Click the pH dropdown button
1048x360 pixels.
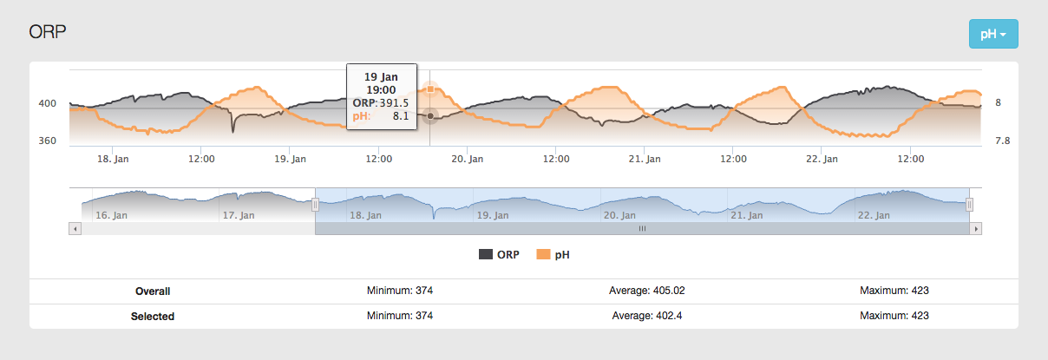(992, 34)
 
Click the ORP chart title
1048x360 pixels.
(49, 32)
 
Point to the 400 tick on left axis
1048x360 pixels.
(47, 103)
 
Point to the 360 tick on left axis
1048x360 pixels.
(47, 141)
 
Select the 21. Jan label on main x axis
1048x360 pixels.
(645, 159)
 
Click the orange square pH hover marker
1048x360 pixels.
(430, 88)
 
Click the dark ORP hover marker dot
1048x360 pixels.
(430, 115)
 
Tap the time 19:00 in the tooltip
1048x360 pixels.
(382, 89)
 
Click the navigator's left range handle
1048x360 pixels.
(316, 205)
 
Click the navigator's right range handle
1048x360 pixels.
(970, 205)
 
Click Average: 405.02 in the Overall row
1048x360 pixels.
(652, 291)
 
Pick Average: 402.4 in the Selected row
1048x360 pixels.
(652, 316)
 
